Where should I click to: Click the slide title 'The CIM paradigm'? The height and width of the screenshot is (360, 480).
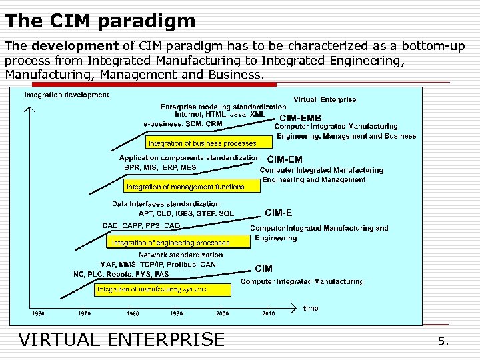pyautogui.click(x=100, y=21)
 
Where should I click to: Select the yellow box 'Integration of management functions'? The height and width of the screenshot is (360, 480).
pyautogui.click(x=185, y=187)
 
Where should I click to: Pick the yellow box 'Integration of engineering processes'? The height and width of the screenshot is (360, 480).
pyautogui.click(x=171, y=243)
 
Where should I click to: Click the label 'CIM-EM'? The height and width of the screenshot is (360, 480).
pyautogui.click(x=285, y=159)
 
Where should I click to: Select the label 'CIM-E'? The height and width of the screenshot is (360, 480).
pyautogui.click(x=278, y=213)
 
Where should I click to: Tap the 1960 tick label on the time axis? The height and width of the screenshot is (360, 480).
pyautogui.click(x=39, y=313)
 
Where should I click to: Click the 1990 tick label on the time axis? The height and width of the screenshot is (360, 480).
pyautogui.click(x=177, y=313)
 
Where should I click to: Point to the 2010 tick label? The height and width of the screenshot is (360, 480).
pyautogui.click(x=268, y=313)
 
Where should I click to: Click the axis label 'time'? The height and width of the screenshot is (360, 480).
pyautogui.click(x=311, y=308)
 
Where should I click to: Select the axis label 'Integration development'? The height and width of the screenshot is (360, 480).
pyautogui.click(x=67, y=95)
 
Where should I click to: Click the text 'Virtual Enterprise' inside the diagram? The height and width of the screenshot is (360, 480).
pyautogui.click(x=325, y=99)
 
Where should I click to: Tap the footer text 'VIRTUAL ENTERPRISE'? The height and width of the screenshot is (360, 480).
pyautogui.click(x=122, y=339)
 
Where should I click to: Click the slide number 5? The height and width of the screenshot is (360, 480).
pyautogui.click(x=443, y=341)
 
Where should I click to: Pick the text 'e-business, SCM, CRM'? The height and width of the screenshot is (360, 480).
pyautogui.click(x=183, y=123)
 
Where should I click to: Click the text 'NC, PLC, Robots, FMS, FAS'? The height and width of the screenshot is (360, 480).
pyautogui.click(x=121, y=274)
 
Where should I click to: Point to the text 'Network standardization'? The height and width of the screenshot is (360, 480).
pyautogui.click(x=181, y=255)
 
